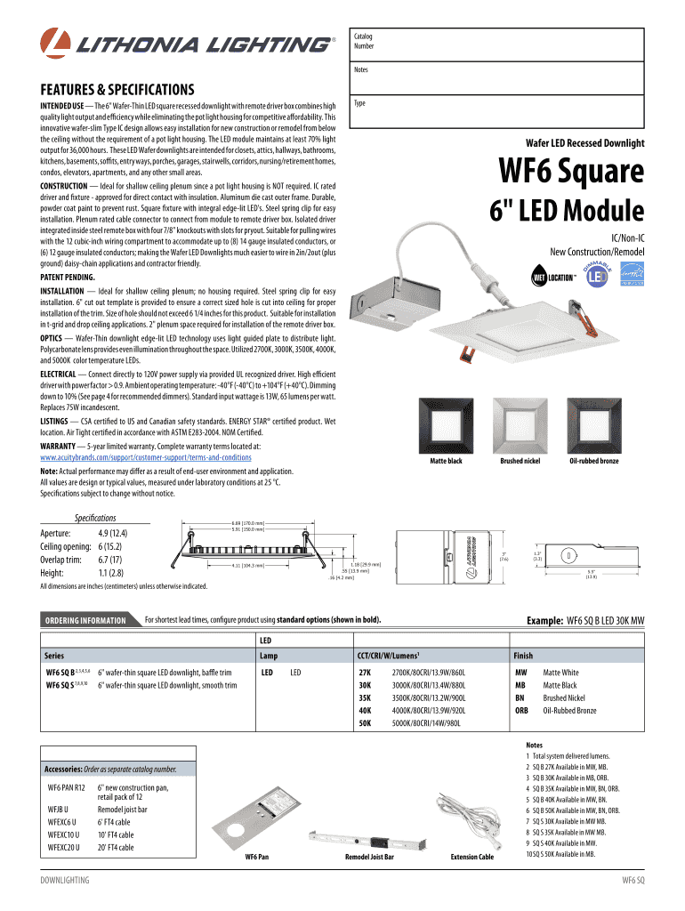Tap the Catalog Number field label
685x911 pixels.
364,41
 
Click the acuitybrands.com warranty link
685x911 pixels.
146,457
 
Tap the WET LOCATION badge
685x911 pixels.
552,277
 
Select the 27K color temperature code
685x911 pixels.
365,673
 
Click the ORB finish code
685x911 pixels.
522,711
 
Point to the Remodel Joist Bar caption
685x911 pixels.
369,857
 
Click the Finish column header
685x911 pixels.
523,655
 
